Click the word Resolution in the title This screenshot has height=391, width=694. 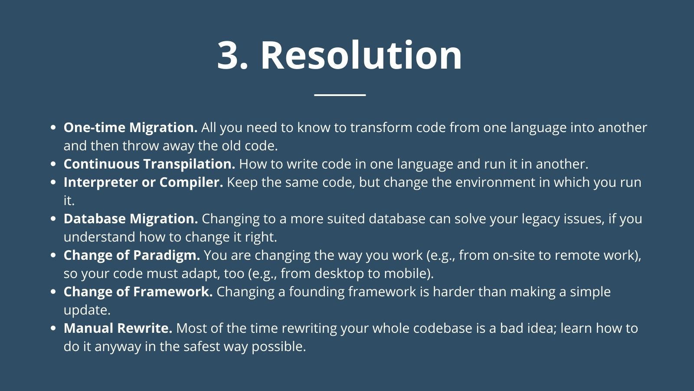pos(362,55)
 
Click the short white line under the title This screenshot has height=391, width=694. pos(340,95)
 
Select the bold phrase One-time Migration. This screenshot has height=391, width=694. pos(131,128)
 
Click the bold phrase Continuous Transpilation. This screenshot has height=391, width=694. pos(149,164)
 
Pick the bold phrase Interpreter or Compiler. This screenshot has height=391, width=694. pos(143,182)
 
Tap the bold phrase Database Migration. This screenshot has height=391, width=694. pos(131,219)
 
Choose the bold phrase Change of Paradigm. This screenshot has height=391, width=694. pos(132,255)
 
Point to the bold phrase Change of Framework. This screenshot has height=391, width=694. pos(138,292)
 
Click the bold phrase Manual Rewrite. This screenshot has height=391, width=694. pos(118,328)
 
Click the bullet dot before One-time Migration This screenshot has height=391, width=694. pos(53,127)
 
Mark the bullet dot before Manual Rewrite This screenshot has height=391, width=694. pos(53,328)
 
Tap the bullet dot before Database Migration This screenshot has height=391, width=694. pos(53,219)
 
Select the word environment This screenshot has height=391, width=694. pos(495,182)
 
